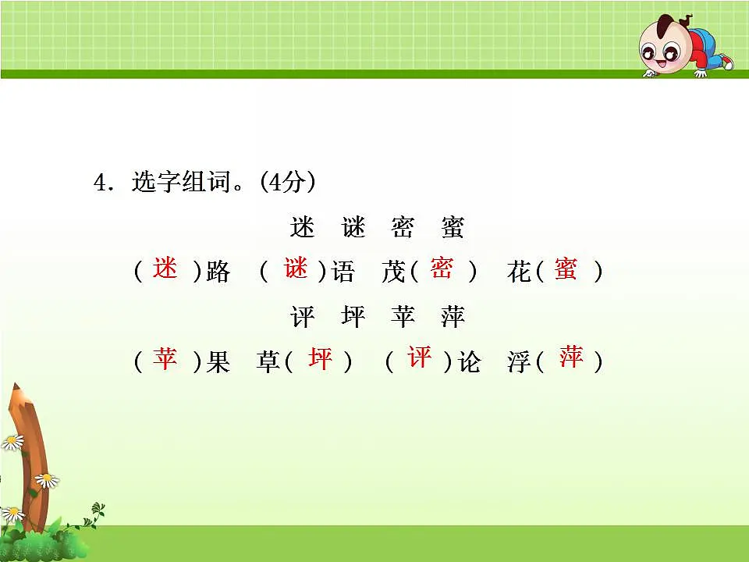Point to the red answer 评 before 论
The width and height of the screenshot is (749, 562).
[419, 358]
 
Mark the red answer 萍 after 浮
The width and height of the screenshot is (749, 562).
[571, 358]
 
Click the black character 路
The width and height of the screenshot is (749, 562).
[218, 272]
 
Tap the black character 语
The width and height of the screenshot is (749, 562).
[343, 272]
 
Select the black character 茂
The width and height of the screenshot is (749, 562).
[393, 272]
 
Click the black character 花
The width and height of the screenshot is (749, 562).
[519, 272]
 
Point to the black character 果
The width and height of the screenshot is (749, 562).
[218, 362]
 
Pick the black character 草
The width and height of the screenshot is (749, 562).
[268, 362]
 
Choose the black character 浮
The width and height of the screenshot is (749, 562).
[519, 362]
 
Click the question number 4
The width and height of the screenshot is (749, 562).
[99, 183]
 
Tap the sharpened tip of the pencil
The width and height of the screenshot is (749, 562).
[16, 389]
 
